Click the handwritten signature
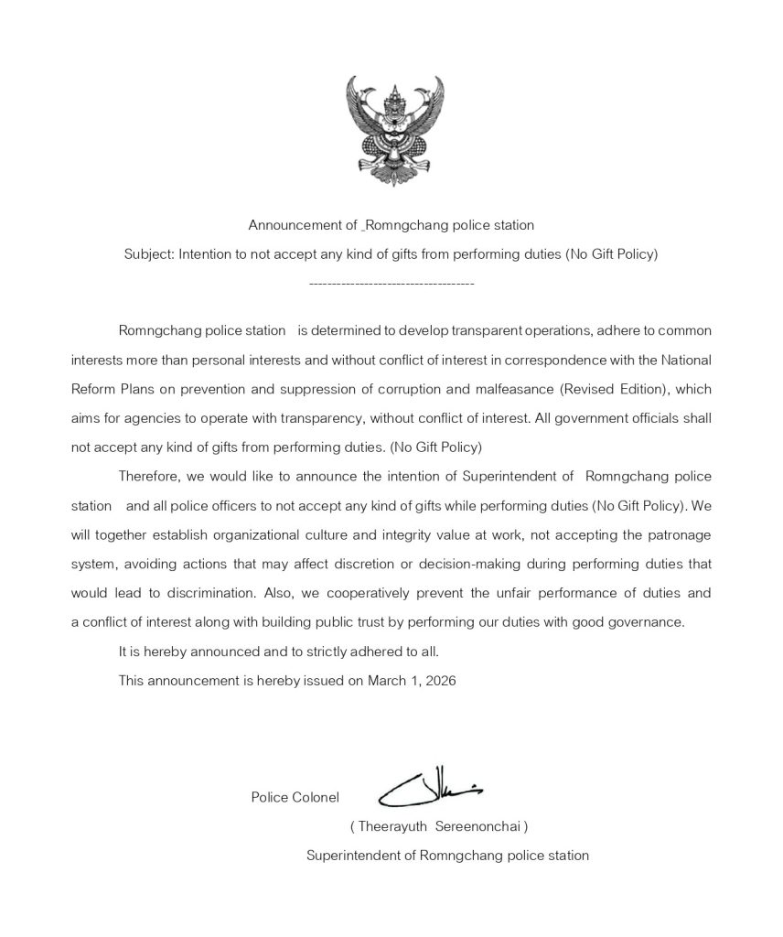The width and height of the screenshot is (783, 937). click(429, 788)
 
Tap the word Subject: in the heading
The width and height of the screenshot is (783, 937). click(149, 254)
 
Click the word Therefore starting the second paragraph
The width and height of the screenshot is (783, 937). click(149, 477)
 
